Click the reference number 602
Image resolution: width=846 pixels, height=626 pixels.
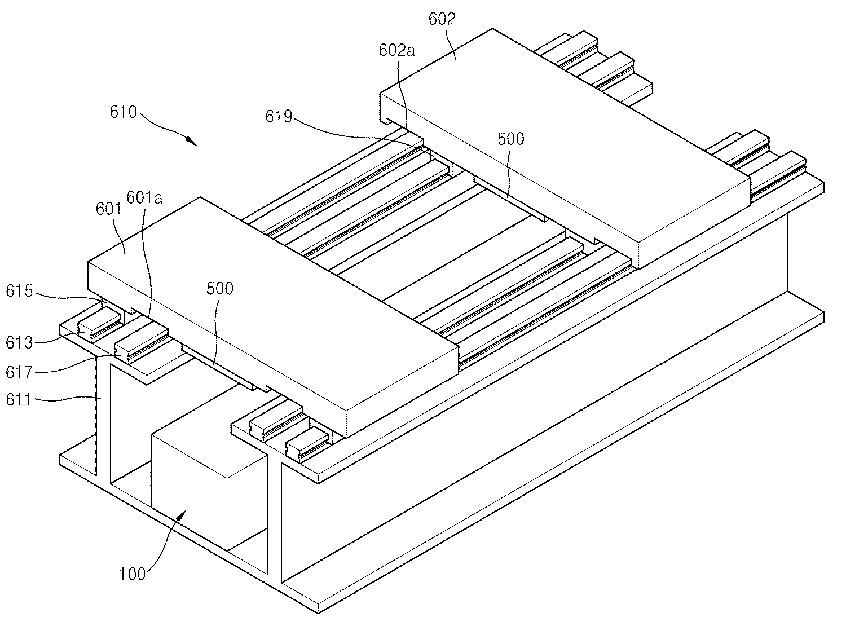click(442, 19)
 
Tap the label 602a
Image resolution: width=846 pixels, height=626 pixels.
click(396, 51)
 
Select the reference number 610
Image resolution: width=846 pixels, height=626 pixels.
click(123, 112)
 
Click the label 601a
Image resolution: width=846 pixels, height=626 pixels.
click(145, 197)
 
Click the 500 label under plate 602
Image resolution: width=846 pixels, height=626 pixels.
click(510, 139)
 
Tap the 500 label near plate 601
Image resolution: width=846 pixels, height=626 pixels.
click(219, 289)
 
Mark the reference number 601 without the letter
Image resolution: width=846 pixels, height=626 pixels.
click(109, 209)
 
